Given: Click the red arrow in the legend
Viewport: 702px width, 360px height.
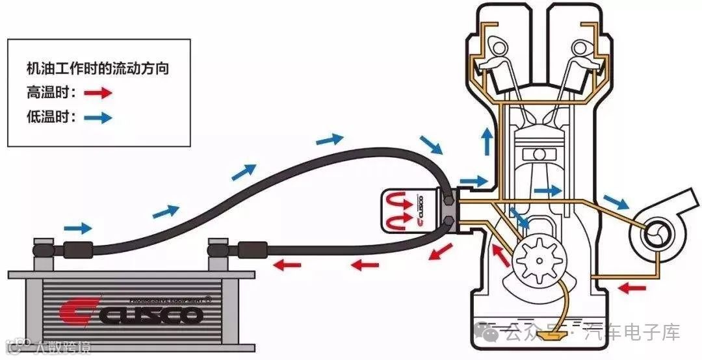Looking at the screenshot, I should [98, 93].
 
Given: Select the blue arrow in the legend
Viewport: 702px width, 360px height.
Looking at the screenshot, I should [98, 118].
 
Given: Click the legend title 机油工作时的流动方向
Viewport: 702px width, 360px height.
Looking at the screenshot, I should [97, 68].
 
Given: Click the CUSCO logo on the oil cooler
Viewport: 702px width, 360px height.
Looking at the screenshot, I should [130, 315].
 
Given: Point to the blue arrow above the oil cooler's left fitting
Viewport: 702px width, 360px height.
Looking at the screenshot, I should [78, 227].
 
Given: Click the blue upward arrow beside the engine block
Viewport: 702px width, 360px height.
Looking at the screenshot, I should [486, 140].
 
